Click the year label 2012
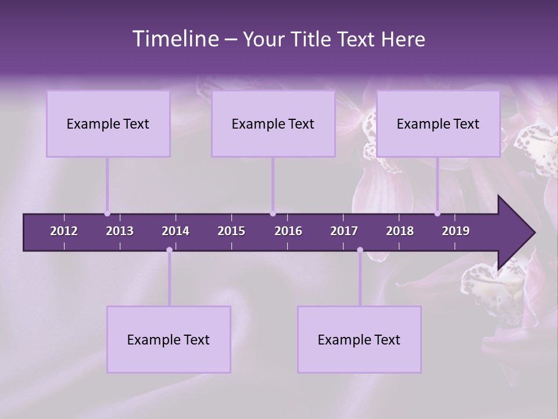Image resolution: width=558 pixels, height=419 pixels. (64, 231)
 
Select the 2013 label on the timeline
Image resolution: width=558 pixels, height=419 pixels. (120, 231)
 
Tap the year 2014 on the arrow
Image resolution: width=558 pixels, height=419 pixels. (176, 231)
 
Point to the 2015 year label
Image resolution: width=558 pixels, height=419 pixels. (231, 231)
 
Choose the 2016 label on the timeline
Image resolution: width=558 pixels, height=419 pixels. (288, 231)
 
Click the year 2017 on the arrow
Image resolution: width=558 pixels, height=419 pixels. (344, 231)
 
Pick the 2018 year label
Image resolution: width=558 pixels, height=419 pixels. (400, 231)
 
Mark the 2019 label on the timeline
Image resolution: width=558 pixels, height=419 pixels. (456, 231)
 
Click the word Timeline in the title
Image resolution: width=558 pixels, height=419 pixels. (175, 39)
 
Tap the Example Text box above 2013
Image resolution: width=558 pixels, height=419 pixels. (108, 124)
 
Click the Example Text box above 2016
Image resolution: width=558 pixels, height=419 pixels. (273, 124)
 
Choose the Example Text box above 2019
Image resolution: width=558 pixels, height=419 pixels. (438, 124)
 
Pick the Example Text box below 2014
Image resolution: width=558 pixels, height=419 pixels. (169, 340)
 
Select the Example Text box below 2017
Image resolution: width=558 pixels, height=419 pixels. (359, 340)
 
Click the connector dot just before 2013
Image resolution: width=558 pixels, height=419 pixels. (107, 214)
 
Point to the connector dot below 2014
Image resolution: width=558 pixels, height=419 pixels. (169, 250)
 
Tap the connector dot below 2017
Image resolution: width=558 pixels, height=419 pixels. (360, 250)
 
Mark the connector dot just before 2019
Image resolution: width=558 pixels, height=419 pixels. (437, 214)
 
